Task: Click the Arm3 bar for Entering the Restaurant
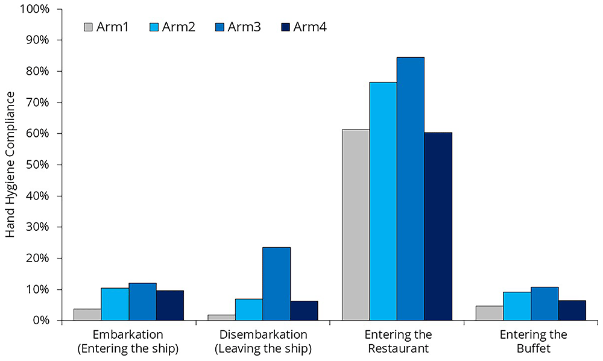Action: coord(411,189)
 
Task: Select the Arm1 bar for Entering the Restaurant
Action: coord(356,225)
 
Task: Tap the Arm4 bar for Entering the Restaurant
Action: coord(438,227)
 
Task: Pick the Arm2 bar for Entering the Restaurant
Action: coord(384,201)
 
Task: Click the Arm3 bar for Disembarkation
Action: coord(277,284)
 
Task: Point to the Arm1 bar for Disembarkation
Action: coord(221,318)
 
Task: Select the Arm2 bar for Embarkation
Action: coord(115,304)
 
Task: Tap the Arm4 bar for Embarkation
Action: coord(170,306)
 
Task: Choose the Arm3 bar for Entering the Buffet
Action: coord(545,304)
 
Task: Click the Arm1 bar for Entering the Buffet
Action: coord(490,313)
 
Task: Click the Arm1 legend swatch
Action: coord(88,27)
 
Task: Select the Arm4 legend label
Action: coord(309,27)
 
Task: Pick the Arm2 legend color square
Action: coord(154,27)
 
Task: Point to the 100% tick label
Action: coord(35,9)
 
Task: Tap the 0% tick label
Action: coord(40,320)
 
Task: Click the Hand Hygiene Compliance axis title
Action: coord(10,165)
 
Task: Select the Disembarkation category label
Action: coord(263,334)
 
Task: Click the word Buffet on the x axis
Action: coord(534,348)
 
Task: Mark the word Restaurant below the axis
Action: coord(399,348)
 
